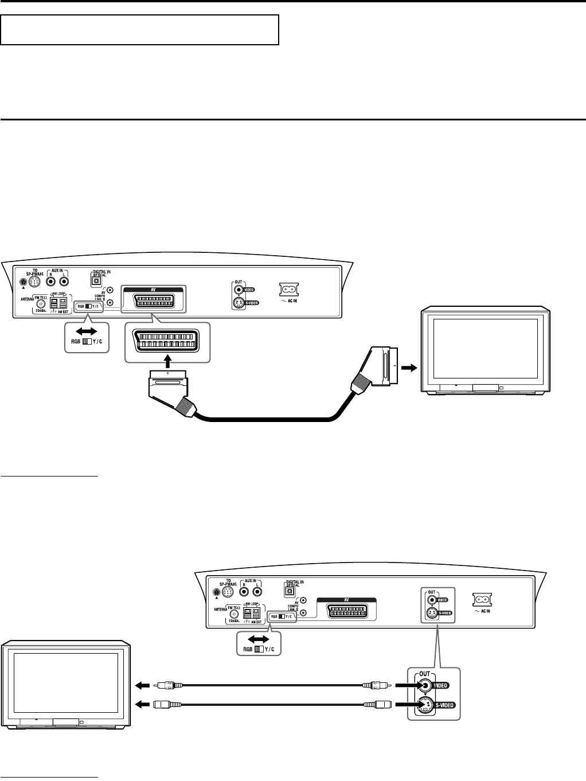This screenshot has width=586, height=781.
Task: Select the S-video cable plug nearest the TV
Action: tap(167, 704)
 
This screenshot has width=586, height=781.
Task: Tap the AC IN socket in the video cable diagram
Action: tap(481, 600)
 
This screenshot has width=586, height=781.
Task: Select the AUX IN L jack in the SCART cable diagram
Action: tap(65, 282)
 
